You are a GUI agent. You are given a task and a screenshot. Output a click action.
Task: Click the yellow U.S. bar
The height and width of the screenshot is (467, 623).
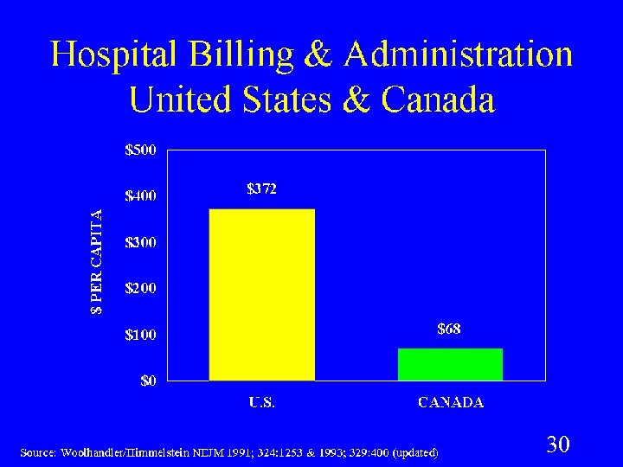click(261, 294)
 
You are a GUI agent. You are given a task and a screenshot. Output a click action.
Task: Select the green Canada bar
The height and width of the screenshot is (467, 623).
click(450, 364)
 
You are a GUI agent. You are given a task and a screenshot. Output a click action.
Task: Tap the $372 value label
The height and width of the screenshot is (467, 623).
click(261, 189)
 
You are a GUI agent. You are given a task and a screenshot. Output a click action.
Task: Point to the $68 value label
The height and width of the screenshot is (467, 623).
click(448, 329)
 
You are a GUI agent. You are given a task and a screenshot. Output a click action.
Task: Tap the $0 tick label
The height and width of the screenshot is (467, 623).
click(148, 381)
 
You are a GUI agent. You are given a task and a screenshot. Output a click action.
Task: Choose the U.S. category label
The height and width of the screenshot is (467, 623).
click(262, 402)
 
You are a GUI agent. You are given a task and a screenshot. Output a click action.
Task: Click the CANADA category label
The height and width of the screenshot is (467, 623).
click(451, 402)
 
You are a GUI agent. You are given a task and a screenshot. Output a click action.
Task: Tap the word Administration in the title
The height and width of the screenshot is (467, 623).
click(458, 54)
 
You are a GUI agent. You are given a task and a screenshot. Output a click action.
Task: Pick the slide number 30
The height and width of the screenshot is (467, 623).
click(558, 445)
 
